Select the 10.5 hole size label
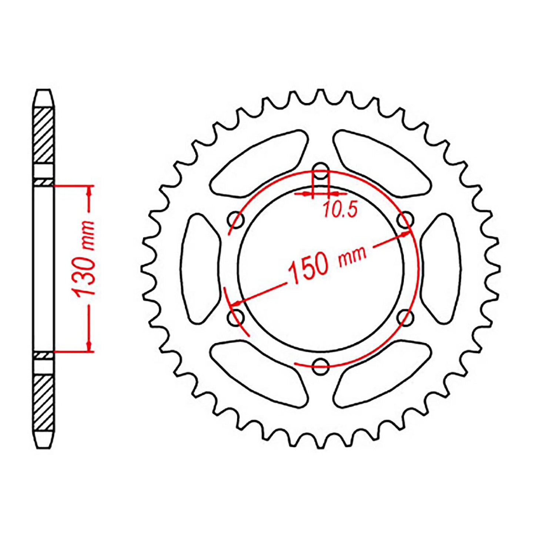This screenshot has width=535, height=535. [x=340, y=210]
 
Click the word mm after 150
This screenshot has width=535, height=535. [x=352, y=255]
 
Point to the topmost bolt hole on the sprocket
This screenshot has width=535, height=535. [x=321, y=172]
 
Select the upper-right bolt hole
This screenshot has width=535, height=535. [x=405, y=220]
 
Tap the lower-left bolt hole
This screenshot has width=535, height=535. [x=236, y=317]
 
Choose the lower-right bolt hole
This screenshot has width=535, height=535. [x=405, y=317]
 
